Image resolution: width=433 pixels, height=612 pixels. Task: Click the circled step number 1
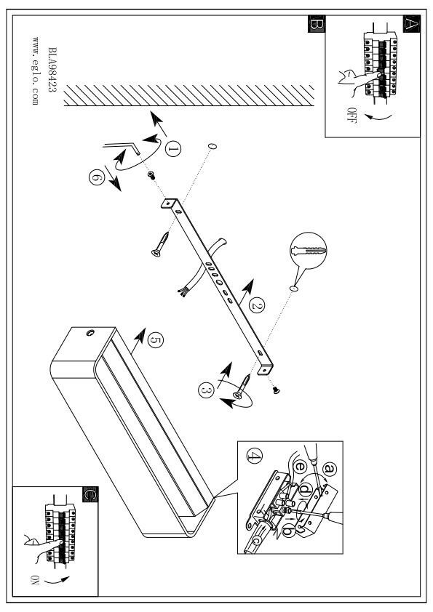(x=172, y=149)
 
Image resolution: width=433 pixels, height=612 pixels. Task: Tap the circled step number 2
(x=257, y=305)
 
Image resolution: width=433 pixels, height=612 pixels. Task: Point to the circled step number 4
(x=255, y=456)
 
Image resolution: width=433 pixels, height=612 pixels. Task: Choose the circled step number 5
(x=156, y=341)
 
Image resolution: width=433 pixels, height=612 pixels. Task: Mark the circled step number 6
(x=97, y=177)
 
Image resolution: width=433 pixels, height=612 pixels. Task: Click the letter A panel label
(x=411, y=24)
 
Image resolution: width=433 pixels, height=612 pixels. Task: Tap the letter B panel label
(x=316, y=24)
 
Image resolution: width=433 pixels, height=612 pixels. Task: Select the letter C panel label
(x=90, y=494)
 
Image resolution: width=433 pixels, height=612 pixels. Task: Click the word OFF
(x=351, y=115)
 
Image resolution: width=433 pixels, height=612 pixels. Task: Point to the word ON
(x=35, y=579)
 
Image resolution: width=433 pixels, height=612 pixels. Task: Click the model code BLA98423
(x=52, y=70)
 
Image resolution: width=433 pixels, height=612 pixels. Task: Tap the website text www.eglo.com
(x=35, y=71)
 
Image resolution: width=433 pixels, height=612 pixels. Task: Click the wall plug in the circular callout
(x=309, y=250)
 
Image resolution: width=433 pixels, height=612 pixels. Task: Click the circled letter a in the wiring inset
(x=329, y=468)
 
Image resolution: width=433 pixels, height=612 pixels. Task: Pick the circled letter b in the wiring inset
(x=288, y=531)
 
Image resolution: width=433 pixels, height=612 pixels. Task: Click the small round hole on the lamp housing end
(x=90, y=333)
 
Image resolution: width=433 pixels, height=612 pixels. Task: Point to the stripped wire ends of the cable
(x=181, y=292)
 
